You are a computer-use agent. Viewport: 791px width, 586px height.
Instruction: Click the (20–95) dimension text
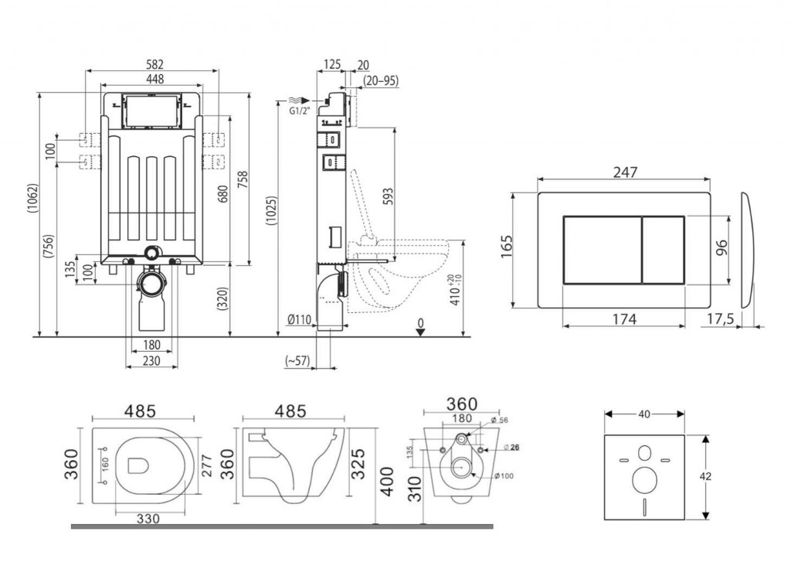(x=380, y=80)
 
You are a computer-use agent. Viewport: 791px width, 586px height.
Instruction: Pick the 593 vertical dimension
(x=389, y=196)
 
